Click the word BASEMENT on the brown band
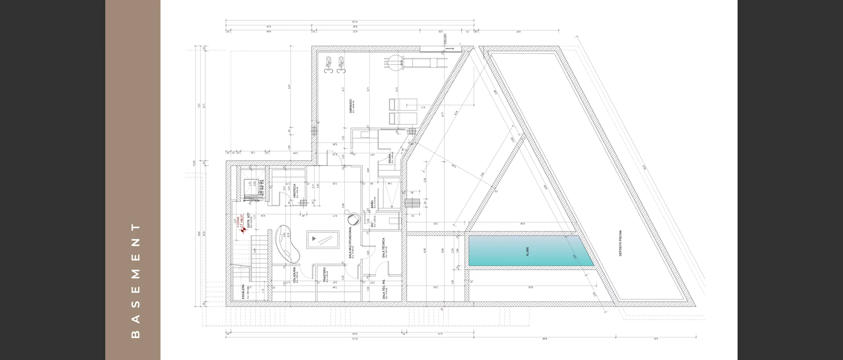[x=136, y=281]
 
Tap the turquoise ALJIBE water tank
[x=530, y=251]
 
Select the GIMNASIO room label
[x=351, y=106]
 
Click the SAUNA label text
[x=390, y=158]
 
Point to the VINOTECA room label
[x=295, y=191]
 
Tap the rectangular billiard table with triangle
[x=323, y=239]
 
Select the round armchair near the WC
[x=353, y=219]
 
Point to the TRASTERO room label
[x=324, y=275]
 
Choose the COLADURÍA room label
[x=294, y=275]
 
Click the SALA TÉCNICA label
[x=383, y=248]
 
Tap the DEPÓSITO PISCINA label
[x=620, y=243]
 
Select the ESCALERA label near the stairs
[x=243, y=292]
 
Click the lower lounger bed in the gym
[x=403, y=118]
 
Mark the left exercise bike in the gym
[x=328, y=65]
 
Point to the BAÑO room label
[x=372, y=204]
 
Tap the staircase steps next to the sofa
[x=260, y=258]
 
